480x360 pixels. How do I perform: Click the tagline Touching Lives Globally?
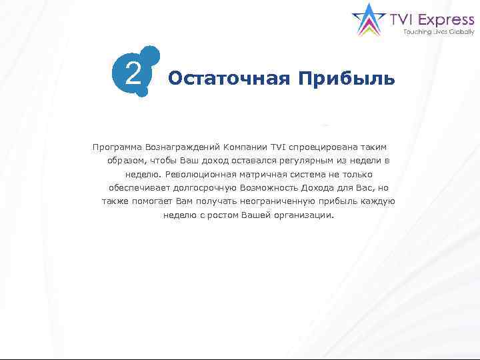coord(439,32)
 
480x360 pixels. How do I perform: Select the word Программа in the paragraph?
coord(118,147)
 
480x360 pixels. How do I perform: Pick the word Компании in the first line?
coord(247,147)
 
